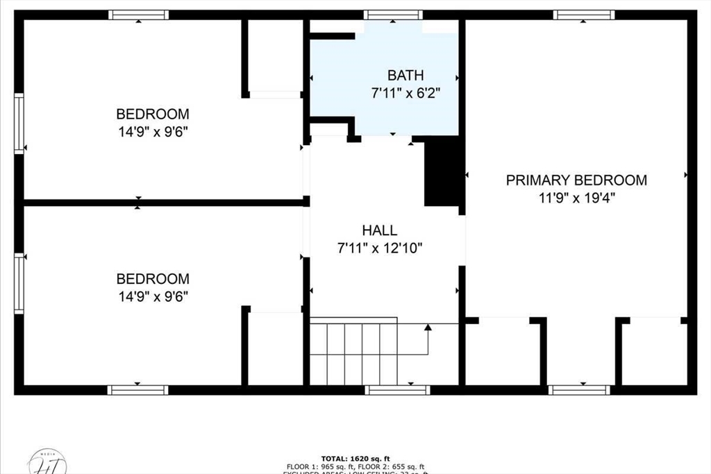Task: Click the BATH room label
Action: click(x=405, y=75)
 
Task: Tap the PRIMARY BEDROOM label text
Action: click(x=576, y=180)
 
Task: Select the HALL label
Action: click(x=379, y=230)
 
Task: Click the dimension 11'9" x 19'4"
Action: click(x=576, y=197)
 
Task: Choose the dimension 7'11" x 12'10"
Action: click(x=379, y=247)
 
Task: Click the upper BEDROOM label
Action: click(x=152, y=114)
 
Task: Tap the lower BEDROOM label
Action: click(x=152, y=279)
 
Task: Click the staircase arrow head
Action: click(x=428, y=327)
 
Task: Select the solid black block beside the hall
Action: click(x=442, y=171)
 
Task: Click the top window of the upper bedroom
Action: click(x=138, y=15)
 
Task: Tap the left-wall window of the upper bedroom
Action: click(x=19, y=124)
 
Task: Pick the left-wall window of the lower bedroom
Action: click(x=19, y=283)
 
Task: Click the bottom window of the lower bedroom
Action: click(x=137, y=390)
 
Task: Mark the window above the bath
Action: click(x=393, y=15)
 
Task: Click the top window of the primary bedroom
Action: click(x=583, y=15)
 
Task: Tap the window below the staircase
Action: click(x=397, y=390)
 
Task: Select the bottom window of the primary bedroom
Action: click(x=579, y=390)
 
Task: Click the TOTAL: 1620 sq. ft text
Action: click(x=355, y=459)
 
